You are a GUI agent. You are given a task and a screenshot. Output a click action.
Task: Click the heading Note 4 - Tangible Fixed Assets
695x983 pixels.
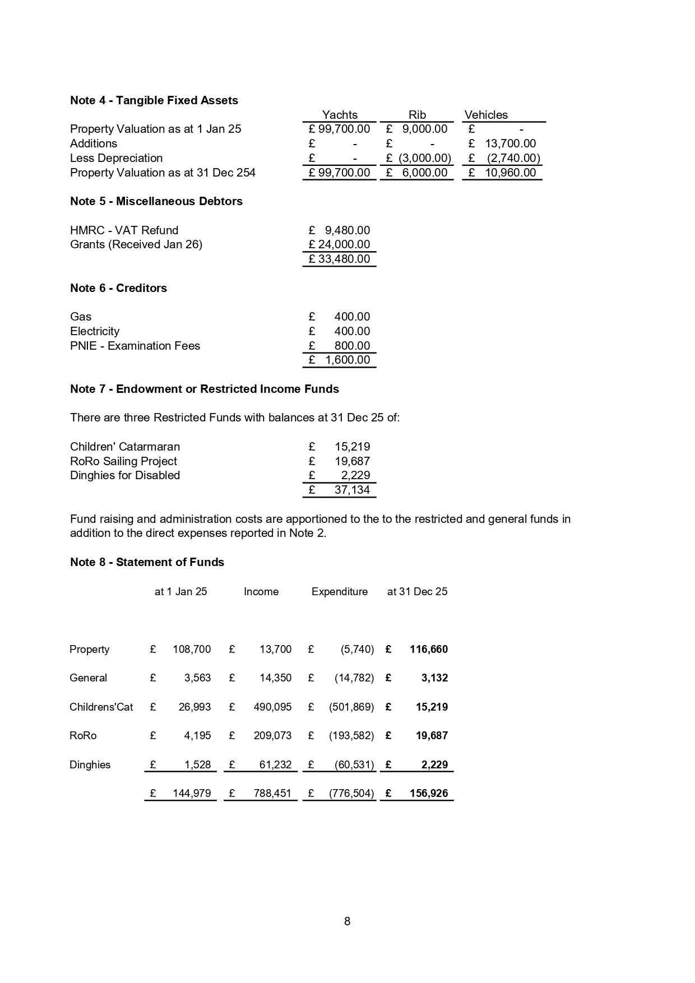154,100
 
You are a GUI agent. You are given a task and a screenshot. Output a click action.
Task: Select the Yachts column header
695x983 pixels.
339,115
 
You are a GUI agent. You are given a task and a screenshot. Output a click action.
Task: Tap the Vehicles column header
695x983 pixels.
486,115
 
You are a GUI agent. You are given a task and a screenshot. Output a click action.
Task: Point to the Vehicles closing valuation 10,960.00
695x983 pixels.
510,173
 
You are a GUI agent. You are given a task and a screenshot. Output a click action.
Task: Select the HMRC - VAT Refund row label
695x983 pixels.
124,230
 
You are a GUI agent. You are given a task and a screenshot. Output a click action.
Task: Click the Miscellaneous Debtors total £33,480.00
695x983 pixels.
339,259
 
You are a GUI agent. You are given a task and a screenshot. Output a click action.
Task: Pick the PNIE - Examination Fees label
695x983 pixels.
135,346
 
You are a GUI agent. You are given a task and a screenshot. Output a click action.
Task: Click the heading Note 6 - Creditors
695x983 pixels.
118,288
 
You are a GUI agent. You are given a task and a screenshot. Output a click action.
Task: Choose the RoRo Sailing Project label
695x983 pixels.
123,461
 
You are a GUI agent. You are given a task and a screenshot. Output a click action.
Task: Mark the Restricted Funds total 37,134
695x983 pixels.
352,490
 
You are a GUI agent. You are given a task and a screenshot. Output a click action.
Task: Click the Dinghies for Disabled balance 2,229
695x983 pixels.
355,475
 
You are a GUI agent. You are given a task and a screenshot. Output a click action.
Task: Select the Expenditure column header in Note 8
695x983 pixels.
340,592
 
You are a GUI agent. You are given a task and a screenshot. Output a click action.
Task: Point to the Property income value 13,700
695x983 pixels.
275,650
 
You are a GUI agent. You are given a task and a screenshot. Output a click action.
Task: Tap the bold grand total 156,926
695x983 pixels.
428,794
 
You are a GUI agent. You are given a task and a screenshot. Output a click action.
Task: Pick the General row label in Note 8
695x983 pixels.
88,678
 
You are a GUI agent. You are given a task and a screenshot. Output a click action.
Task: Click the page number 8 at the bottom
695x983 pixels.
347,921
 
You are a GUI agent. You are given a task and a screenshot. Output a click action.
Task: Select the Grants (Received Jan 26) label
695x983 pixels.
136,244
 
